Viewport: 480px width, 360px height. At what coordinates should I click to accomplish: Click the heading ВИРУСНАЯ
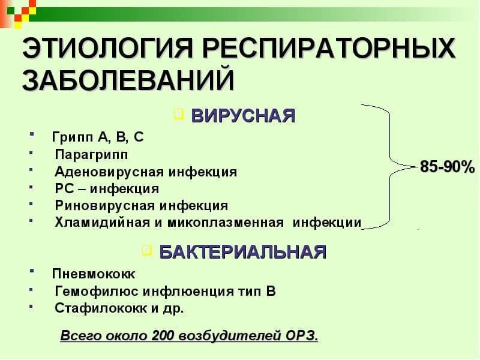coord(243,115)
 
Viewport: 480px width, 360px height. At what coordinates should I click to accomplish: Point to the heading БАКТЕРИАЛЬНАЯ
coord(242,251)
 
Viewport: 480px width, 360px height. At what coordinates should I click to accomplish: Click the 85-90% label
coord(447,167)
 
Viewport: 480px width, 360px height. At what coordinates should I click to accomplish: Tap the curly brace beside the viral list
coord(393,165)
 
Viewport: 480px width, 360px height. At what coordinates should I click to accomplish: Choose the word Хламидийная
coord(101,223)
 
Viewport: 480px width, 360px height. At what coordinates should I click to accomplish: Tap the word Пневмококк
coord(94,274)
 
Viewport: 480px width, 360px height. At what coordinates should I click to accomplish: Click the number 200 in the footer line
coord(163,335)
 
